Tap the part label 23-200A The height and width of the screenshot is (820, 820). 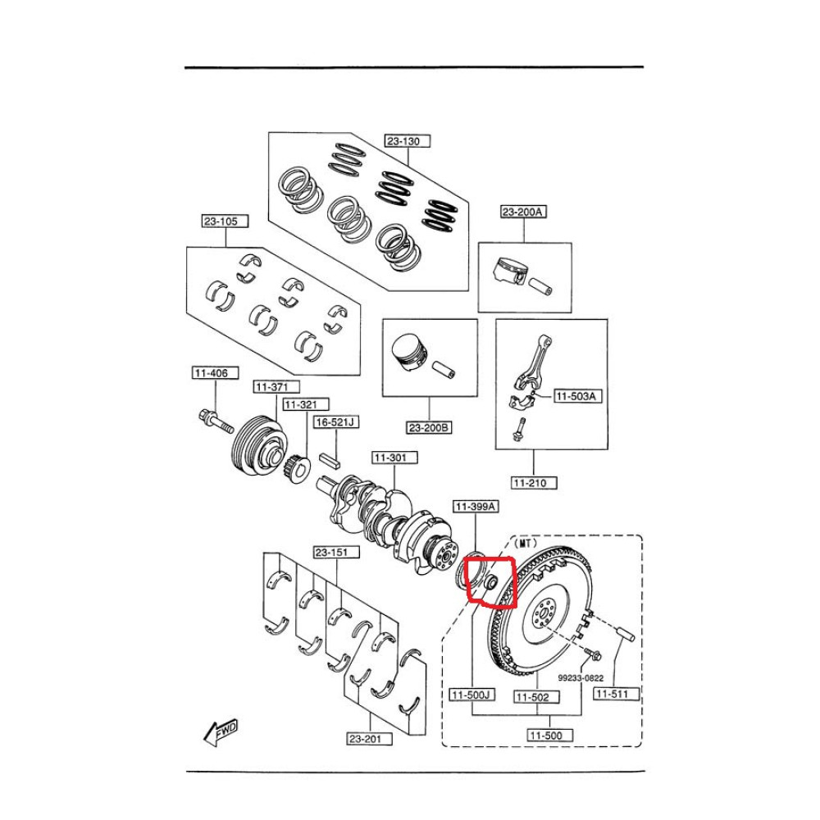coord(524,212)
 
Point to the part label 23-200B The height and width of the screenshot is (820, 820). coord(430,427)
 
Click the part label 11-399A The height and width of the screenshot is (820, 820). coord(476,507)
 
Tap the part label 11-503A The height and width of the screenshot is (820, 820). coord(578,396)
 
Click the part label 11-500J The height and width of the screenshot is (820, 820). coord(471,695)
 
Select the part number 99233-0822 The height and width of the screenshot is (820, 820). coord(581,678)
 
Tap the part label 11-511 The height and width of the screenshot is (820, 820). coord(617,695)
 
